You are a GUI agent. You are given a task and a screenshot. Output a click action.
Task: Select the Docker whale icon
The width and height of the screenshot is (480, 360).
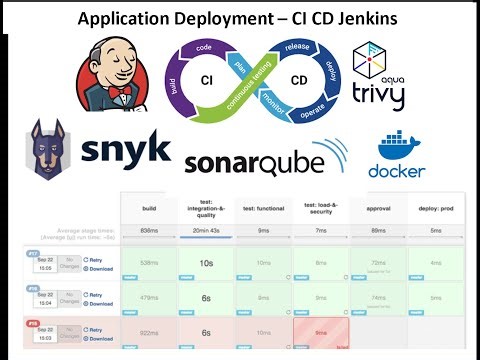[x=398, y=148]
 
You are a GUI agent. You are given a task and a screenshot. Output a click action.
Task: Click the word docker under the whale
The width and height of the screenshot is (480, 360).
[x=397, y=172]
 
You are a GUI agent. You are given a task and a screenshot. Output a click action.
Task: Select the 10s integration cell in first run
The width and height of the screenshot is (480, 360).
[x=206, y=262]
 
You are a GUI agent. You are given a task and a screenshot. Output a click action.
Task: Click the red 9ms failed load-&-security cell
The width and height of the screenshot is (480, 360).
[x=320, y=333]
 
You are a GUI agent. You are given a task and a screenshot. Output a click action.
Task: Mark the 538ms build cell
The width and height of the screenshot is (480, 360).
[x=149, y=262]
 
